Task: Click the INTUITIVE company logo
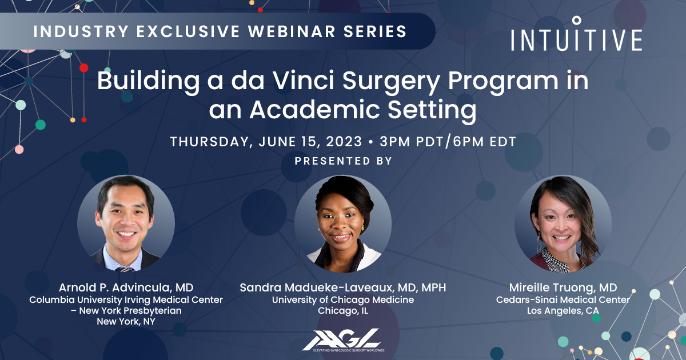click(x=576, y=34)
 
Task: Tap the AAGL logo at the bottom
click(x=343, y=340)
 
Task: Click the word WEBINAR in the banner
click(x=292, y=31)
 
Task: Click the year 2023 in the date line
click(x=344, y=142)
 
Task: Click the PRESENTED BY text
click(x=343, y=161)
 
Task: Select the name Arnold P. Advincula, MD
click(x=126, y=287)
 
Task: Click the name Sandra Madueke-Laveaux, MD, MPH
click(x=342, y=287)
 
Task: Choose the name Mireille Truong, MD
click(x=563, y=287)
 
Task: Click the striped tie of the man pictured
click(x=125, y=269)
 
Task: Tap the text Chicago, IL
click(x=342, y=311)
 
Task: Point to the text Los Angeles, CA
click(x=563, y=311)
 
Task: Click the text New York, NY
click(x=126, y=321)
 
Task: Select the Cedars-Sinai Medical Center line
click(x=563, y=299)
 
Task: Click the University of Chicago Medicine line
click(x=342, y=299)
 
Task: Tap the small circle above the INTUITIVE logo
click(x=577, y=21)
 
